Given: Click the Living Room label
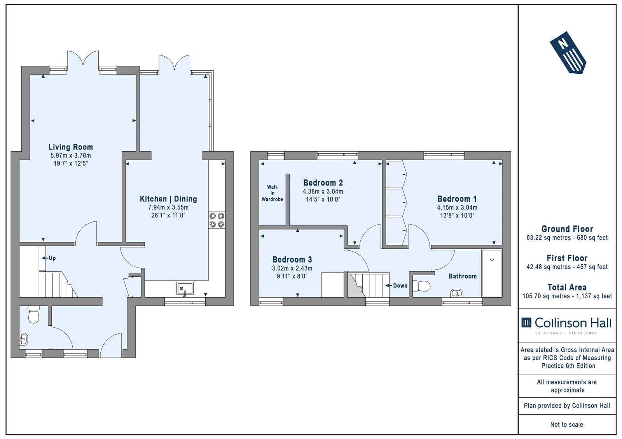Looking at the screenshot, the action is pos(70,147).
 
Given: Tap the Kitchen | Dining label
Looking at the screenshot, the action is pos(168,199).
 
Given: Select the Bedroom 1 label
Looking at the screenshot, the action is pos(457,199).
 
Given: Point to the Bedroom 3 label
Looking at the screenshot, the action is pos(292,259).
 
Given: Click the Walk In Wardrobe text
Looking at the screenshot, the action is pos(273,193).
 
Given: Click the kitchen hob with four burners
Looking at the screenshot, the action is pos(217,220).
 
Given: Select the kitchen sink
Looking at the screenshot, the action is pos(185,289).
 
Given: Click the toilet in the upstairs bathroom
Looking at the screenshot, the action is pos(421,286).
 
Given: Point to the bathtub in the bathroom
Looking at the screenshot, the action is pos(492,273).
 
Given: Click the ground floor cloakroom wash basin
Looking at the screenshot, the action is pos(24,339).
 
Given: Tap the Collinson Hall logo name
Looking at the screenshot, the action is pos(573,323).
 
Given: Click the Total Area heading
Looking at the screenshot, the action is pos(567,287).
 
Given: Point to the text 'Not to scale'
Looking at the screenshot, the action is pos(567,424).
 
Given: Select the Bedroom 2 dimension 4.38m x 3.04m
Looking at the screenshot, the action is pos(323,191).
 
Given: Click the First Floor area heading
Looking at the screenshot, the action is pos(567,258).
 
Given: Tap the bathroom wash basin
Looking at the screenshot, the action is pos(456,293).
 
